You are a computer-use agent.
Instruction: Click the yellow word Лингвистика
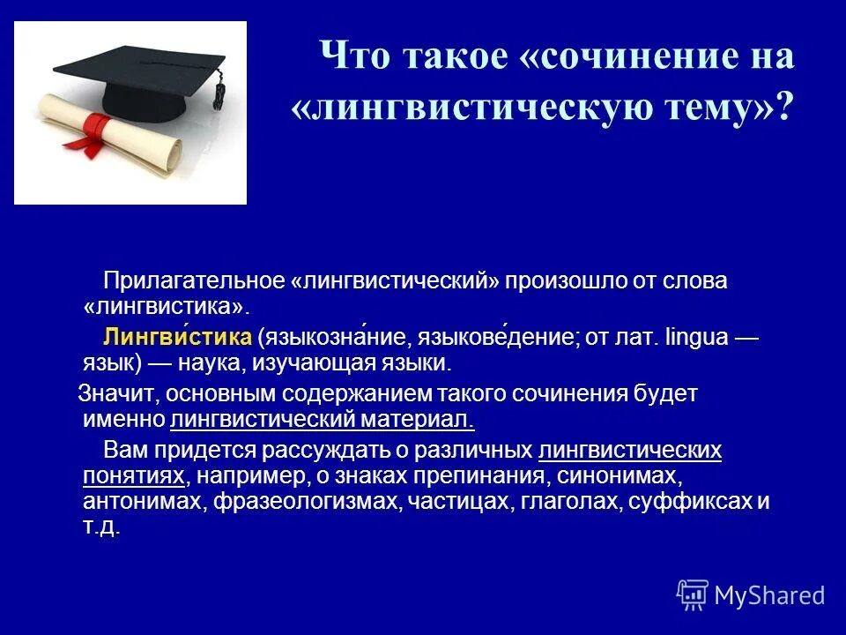(179, 337)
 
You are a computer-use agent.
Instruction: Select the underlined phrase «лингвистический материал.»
(323, 420)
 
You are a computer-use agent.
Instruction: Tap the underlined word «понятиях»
(134, 476)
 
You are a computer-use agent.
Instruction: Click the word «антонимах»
(134, 502)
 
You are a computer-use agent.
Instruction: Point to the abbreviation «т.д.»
(100, 527)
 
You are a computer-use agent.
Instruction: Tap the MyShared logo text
(769, 595)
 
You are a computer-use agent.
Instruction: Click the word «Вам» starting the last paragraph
(122, 451)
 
